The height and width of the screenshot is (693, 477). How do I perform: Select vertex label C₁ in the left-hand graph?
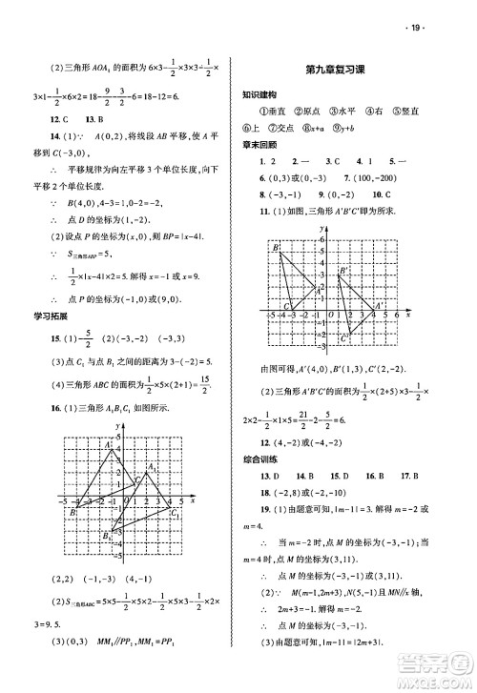pos(175,515)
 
